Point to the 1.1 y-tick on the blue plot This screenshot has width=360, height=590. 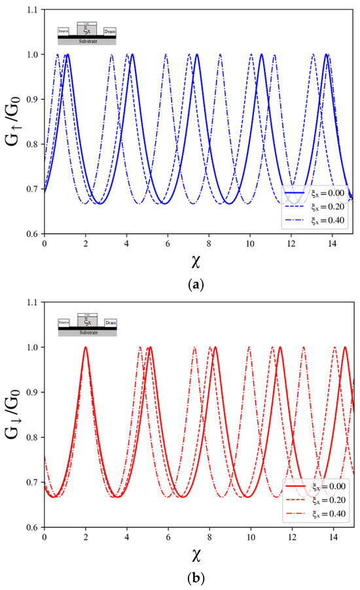point(31,9)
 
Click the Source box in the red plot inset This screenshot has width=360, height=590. point(64,323)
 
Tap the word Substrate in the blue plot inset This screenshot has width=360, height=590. point(87,41)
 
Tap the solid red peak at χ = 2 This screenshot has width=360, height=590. point(85,348)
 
